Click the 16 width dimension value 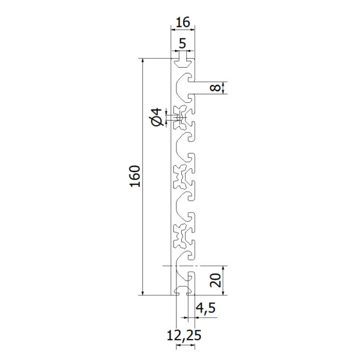coord(182,23)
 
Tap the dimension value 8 coord(214,88)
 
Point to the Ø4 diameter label coord(157,116)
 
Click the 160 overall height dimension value coord(136,177)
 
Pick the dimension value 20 coord(215,281)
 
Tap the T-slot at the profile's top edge coord(182,63)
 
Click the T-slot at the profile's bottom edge coord(182,289)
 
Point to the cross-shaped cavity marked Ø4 coord(181,115)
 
